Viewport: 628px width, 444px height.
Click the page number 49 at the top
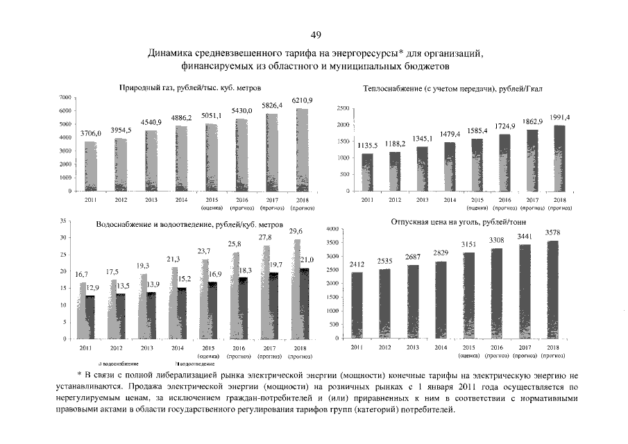coord(316,35)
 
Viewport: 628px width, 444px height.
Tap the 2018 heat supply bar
coord(559,158)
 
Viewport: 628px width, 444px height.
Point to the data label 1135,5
coord(368,145)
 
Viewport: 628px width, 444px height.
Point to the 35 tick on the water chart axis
coord(62,221)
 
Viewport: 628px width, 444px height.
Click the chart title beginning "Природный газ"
coord(185,87)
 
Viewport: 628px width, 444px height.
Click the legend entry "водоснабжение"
coord(119,364)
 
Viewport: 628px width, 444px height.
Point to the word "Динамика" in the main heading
coord(171,53)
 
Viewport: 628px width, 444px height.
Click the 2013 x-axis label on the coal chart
coord(412,347)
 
